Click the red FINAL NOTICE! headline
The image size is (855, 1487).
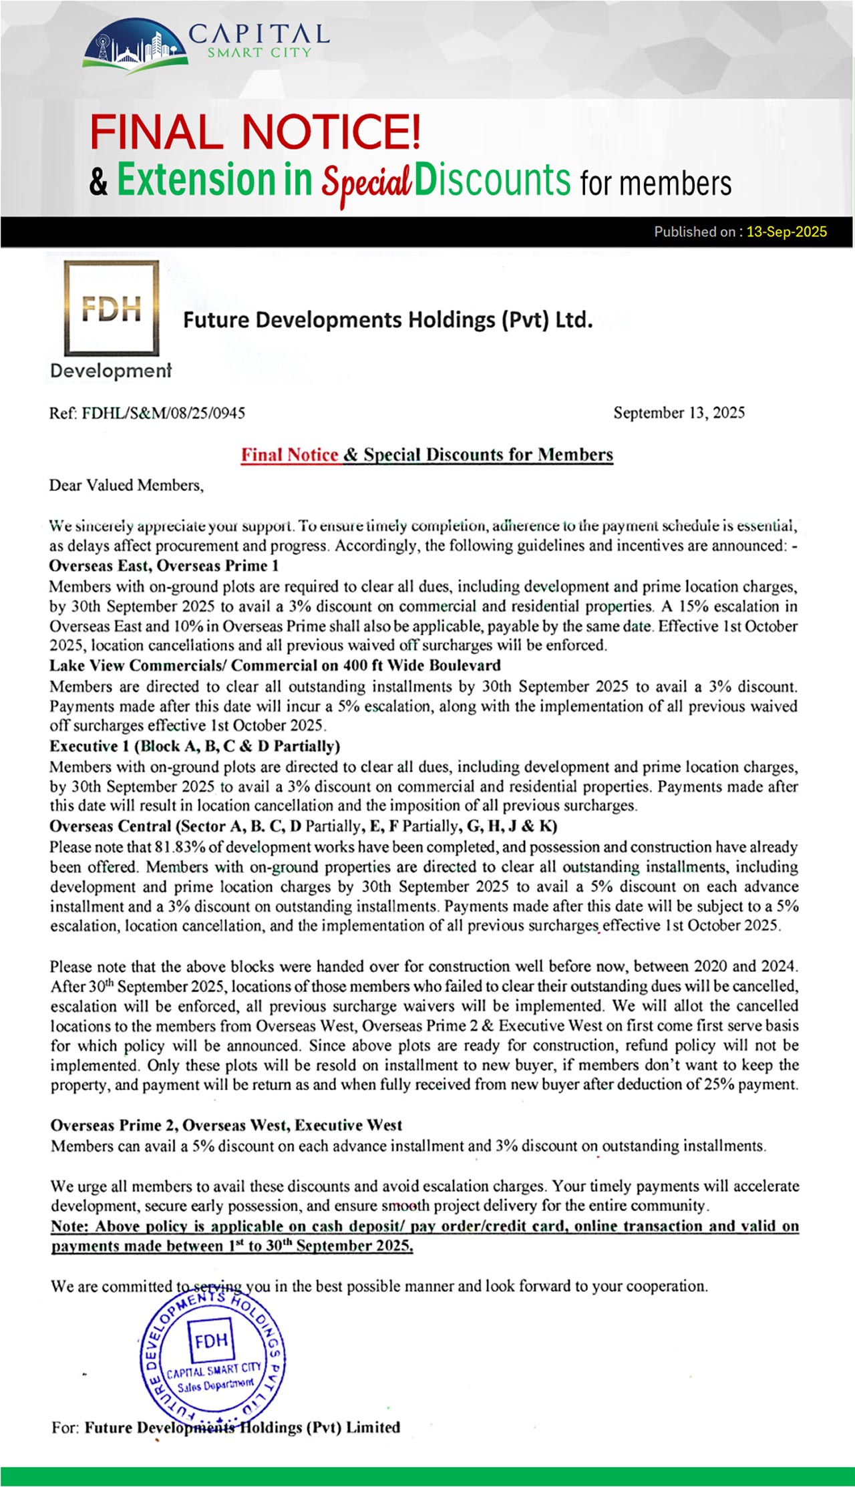[x=255, y=132]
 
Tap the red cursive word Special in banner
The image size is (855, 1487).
[x=366, y=182]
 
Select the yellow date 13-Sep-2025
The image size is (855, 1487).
[x=786, y=232]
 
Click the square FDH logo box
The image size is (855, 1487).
[x=112, y=308]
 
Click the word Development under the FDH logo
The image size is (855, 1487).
[x=111, y=371]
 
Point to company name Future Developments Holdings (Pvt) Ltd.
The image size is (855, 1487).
[x=387, y=320]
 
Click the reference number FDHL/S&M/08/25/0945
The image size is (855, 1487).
[x=163, y=413]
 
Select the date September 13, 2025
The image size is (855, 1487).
[x=679, y=413]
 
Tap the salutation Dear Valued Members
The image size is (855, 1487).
[x=126, y=485]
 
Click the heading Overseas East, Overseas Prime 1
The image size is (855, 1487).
[x=164, y=566]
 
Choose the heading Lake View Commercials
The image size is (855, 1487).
[x=136, y=665]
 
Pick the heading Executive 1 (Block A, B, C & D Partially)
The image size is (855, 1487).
[x=194, y=746]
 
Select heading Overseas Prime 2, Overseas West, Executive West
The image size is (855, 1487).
[x=226, y=1126]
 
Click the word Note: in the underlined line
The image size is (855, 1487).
[x=70, y=1226]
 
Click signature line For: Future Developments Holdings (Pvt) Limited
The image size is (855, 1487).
[x=226, y=1428]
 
